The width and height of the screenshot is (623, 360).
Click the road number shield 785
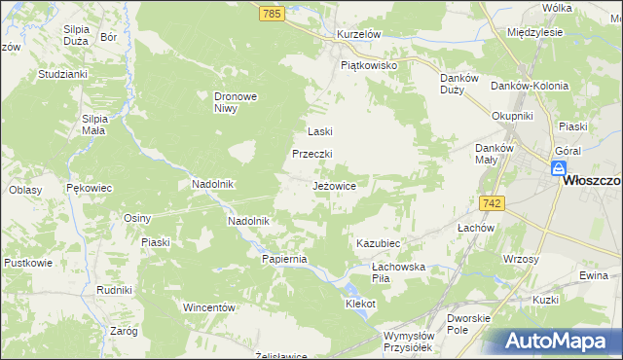[272, 14]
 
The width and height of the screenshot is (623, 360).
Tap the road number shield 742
[491, 202]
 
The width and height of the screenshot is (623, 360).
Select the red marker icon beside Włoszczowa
[559, 169]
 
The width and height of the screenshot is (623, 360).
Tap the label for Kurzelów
[357, 34]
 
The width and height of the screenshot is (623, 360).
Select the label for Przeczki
[313, 154]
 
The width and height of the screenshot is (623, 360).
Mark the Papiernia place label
[284, 259]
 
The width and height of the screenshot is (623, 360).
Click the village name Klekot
[360, 304]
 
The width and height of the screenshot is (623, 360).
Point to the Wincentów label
[210, 307]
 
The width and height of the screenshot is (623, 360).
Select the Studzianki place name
[63, 73]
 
